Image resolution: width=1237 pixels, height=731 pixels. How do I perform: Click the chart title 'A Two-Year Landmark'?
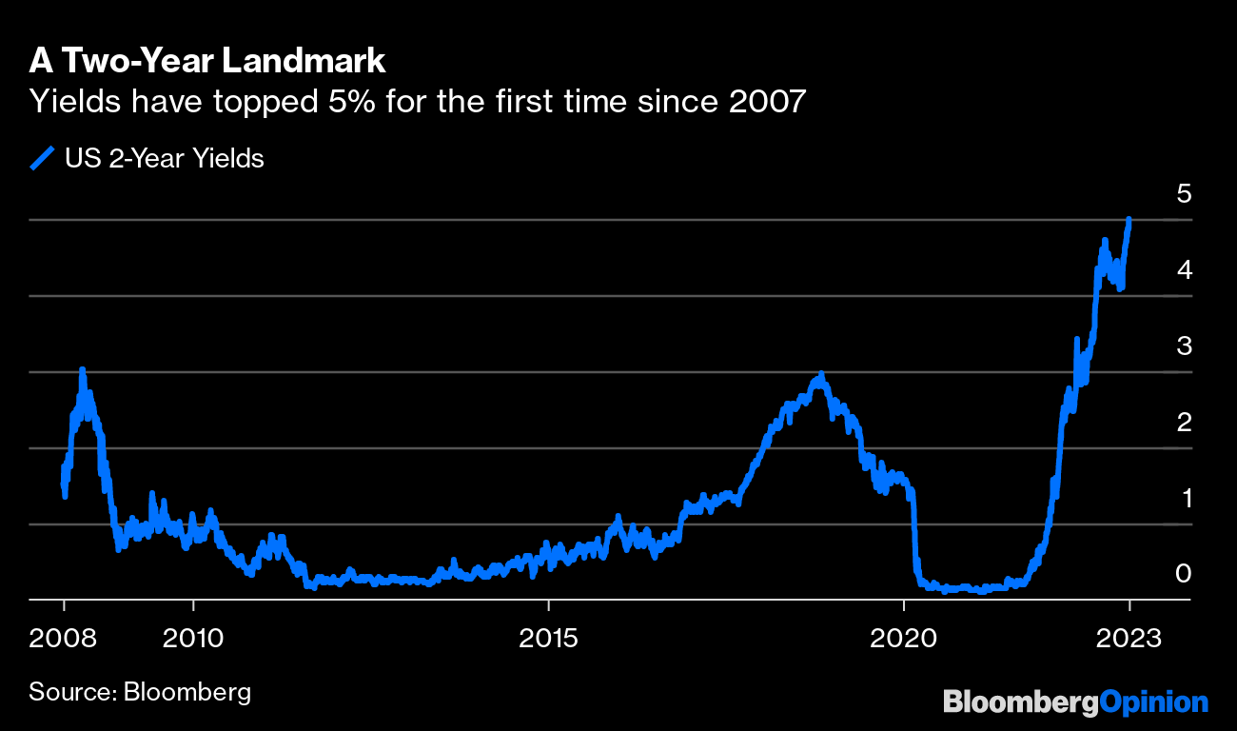[206, 61]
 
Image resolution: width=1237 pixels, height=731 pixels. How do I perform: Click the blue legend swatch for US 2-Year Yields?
[43, 158]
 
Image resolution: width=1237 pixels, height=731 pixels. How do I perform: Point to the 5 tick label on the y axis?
[1184, 193]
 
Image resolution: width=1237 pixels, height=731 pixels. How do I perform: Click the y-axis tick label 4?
[1184, 269]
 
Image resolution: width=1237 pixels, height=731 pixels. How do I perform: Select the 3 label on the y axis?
[1184, 346]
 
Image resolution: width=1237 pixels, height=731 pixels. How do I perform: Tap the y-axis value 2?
[1184, 422]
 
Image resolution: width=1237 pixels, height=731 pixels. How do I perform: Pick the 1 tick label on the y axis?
[1184, 498]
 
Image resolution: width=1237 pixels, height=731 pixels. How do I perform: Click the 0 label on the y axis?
[1184, 574]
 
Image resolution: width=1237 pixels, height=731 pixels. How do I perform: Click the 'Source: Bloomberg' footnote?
[140, 690]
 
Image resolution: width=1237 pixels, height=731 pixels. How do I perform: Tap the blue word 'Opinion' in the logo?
[1153, 702]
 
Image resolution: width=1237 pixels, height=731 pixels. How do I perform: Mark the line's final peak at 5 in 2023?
[1129, 220]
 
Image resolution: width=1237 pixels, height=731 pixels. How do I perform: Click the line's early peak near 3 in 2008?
[83, 370]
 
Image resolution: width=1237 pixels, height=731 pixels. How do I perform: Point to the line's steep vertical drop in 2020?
[913, 533]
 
